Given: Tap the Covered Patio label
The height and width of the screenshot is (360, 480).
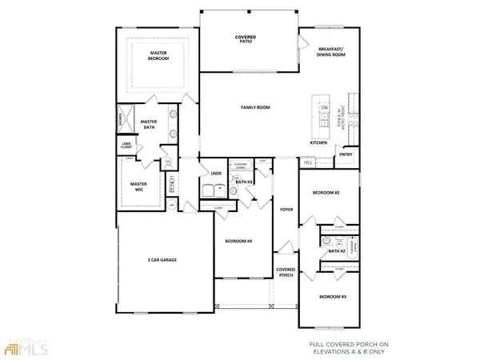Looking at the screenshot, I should (x=245, y=40).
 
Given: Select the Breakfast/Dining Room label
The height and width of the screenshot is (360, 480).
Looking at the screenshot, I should (x=330, y=52).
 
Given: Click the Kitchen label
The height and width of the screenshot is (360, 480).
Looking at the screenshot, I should (x=318, y=142).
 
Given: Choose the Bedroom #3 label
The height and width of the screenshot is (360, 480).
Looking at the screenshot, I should (x=331, y=297).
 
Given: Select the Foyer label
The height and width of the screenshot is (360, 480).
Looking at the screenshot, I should (x=286, y=211).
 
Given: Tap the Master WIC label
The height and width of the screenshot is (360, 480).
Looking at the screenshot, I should (x=138, y=186).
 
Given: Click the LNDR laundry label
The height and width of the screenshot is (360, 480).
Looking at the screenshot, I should (x=215, y=173).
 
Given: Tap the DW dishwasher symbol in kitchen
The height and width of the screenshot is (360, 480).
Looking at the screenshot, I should (x=324, y=107).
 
